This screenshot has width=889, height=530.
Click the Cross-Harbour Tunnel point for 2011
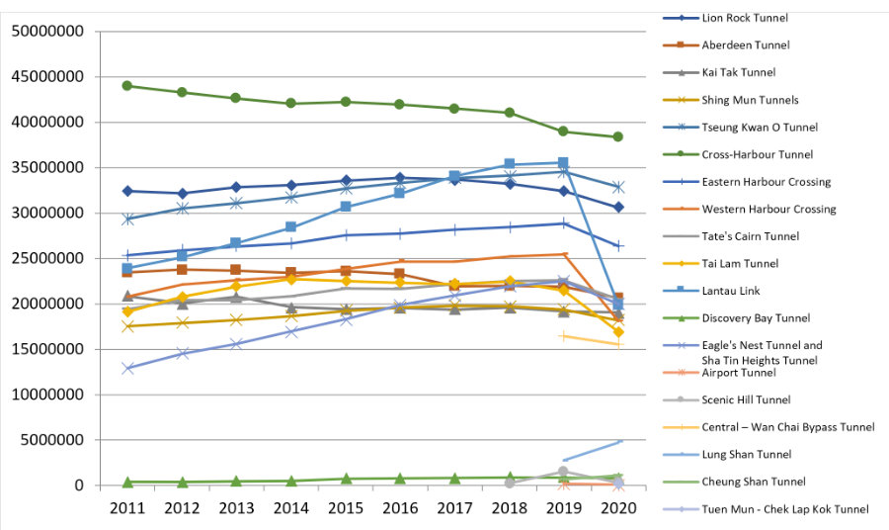pyautogui.click(x=127, y=86)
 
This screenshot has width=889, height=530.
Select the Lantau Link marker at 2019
pyautogui.click(x=563, y=162)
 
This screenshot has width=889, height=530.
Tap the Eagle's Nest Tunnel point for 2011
pyautogui.click(x=127, y=368)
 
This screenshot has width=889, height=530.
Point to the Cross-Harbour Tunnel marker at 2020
pyautogui.click(x=617, y=136)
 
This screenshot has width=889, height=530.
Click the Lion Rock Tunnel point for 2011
pyautogui.click(x=127, y=191)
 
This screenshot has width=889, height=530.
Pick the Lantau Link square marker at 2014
pyautogui.click(x=290, y=227)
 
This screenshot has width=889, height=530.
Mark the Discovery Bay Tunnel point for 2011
pyautogui.click(x=127, y=482)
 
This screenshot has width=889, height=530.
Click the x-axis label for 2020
pyautogui.click(x=617, y=508)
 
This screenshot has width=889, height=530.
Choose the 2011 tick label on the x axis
pyautogui.click(x=127, y=508)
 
